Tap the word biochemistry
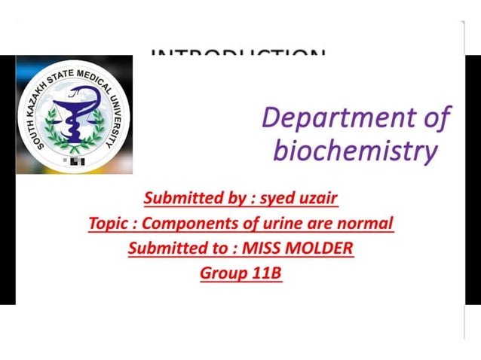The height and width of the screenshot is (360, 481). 355,151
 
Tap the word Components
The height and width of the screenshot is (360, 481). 185,224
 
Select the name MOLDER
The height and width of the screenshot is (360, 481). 319,248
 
